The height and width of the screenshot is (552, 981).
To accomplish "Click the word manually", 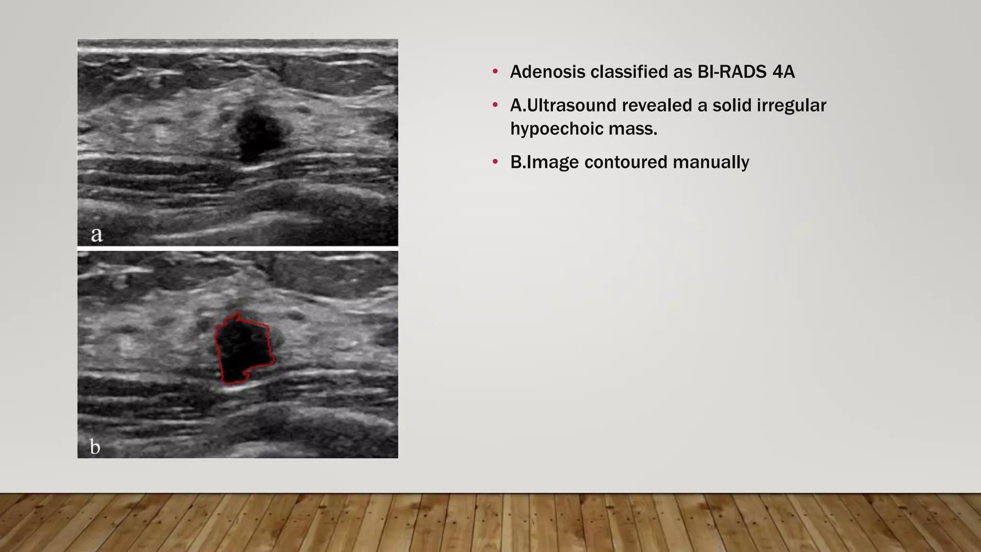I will pyautogui.click(x=711, y=162).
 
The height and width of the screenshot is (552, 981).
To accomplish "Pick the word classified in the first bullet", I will pyautogui.click(x=623, y=72).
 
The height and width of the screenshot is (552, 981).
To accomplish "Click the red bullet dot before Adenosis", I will pyautogui.click(x=495, y=72).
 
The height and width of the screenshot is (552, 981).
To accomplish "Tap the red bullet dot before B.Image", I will pyautogui.click(x=495, y=162).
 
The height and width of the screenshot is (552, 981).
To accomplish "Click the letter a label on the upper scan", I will pyautogui.click(x=97, y=234).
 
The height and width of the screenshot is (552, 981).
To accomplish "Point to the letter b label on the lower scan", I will pyautogui.click(x=95, y=447).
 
